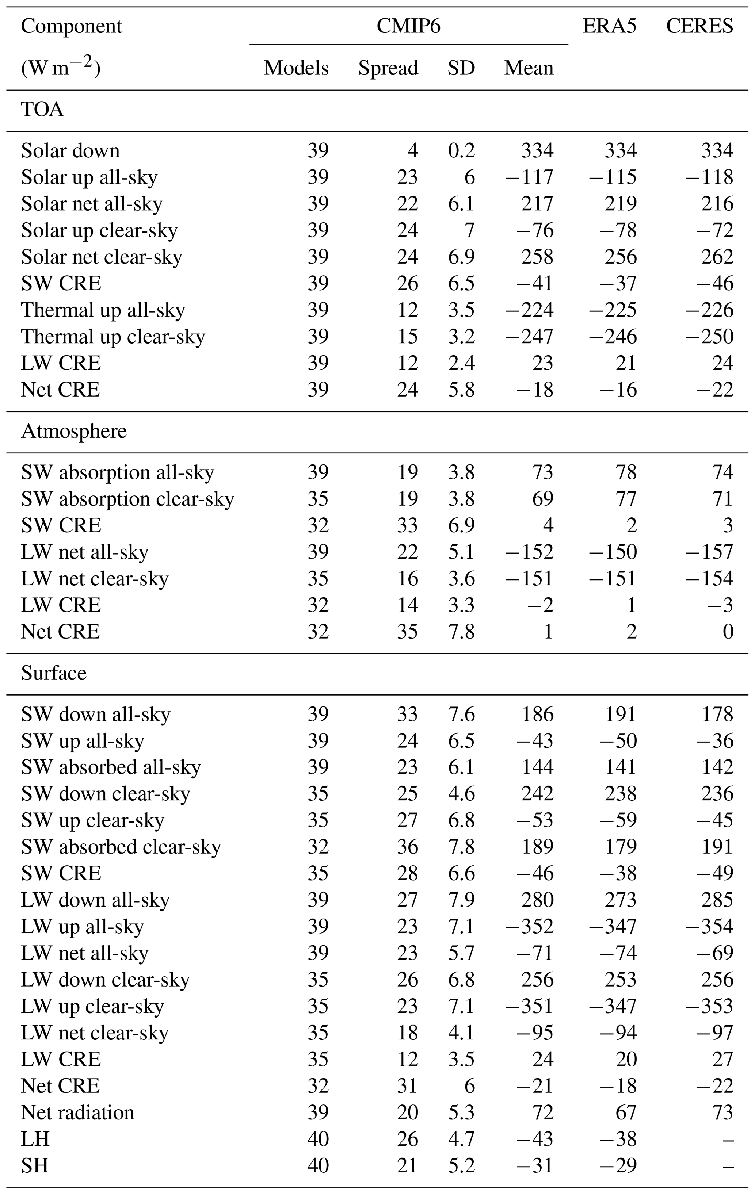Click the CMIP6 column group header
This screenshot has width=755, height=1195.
point(408,26)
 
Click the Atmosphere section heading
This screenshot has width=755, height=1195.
point(73,431)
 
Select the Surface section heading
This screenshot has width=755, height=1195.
point(54,673)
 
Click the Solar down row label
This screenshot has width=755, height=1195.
point(70,151)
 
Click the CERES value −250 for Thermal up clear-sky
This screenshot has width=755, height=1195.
point(709,337)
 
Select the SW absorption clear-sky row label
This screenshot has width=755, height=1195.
point(127,499)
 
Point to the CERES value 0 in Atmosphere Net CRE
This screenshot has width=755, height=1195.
point(728,632)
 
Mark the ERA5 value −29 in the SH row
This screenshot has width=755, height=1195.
point(618,1166)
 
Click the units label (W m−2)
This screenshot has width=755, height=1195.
point(61,68)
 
